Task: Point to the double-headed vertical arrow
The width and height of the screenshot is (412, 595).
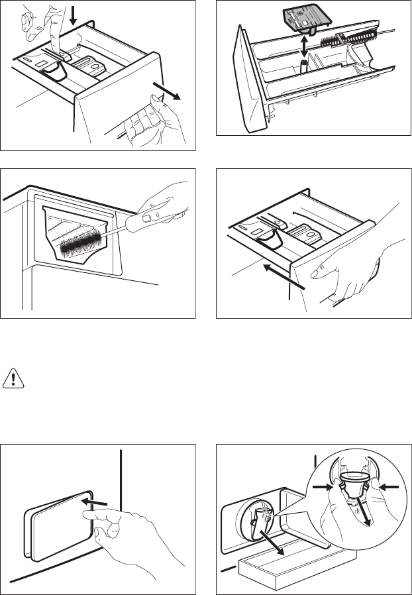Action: click(x=304, y=48)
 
